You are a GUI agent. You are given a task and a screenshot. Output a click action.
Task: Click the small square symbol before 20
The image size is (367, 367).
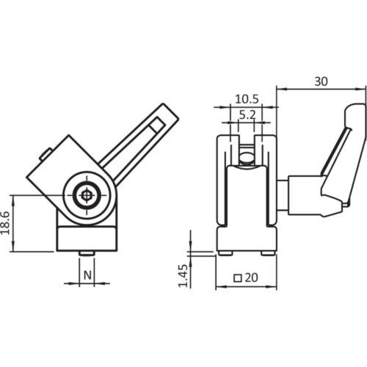click(x=237, y=278)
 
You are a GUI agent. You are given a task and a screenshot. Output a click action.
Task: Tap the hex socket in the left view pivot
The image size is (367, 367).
click(x=87, y=195)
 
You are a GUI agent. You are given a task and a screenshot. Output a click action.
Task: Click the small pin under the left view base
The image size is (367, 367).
click(x=87, y=254)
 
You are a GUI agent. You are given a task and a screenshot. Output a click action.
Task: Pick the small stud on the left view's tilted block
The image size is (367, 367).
click(x=46, y=155)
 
